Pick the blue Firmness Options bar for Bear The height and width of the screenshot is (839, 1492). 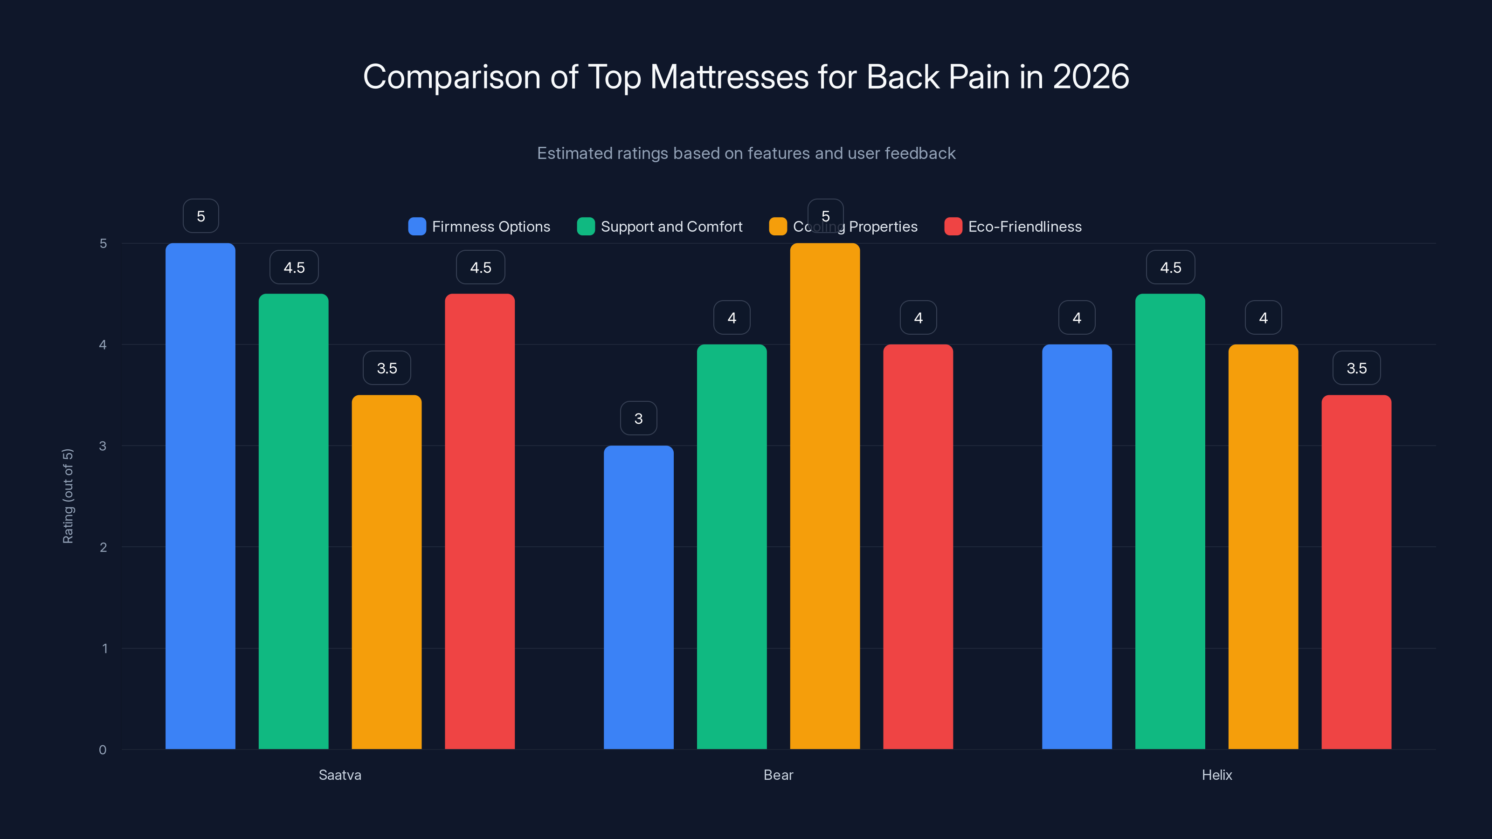pyautogui.click(x=638, y=597)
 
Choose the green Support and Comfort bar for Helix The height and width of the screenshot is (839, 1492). pyautogui.click(x=1170, y=521)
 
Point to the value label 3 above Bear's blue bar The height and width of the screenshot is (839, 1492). pyautogui.click(x=638, y=418)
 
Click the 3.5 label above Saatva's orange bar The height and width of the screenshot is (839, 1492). pyautogui.click(x=387, y=368)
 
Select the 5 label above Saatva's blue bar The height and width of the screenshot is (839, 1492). pyautogui.click(x=200, y=216)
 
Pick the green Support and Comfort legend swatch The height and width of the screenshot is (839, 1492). pyautogui.click(x=586, y=227)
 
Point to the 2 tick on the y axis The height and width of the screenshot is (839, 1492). pyautogui.click(x=103, y=547)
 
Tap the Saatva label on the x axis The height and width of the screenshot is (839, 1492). pyautogui.click(x=339, y=775)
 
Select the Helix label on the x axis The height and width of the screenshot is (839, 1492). pyautogui.click(x=1216, y=775)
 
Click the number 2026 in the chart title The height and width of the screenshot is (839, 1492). pyautogui.click(x=1091, y=76)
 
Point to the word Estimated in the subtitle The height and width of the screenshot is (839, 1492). pyautogui.click(x=573, y=153)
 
